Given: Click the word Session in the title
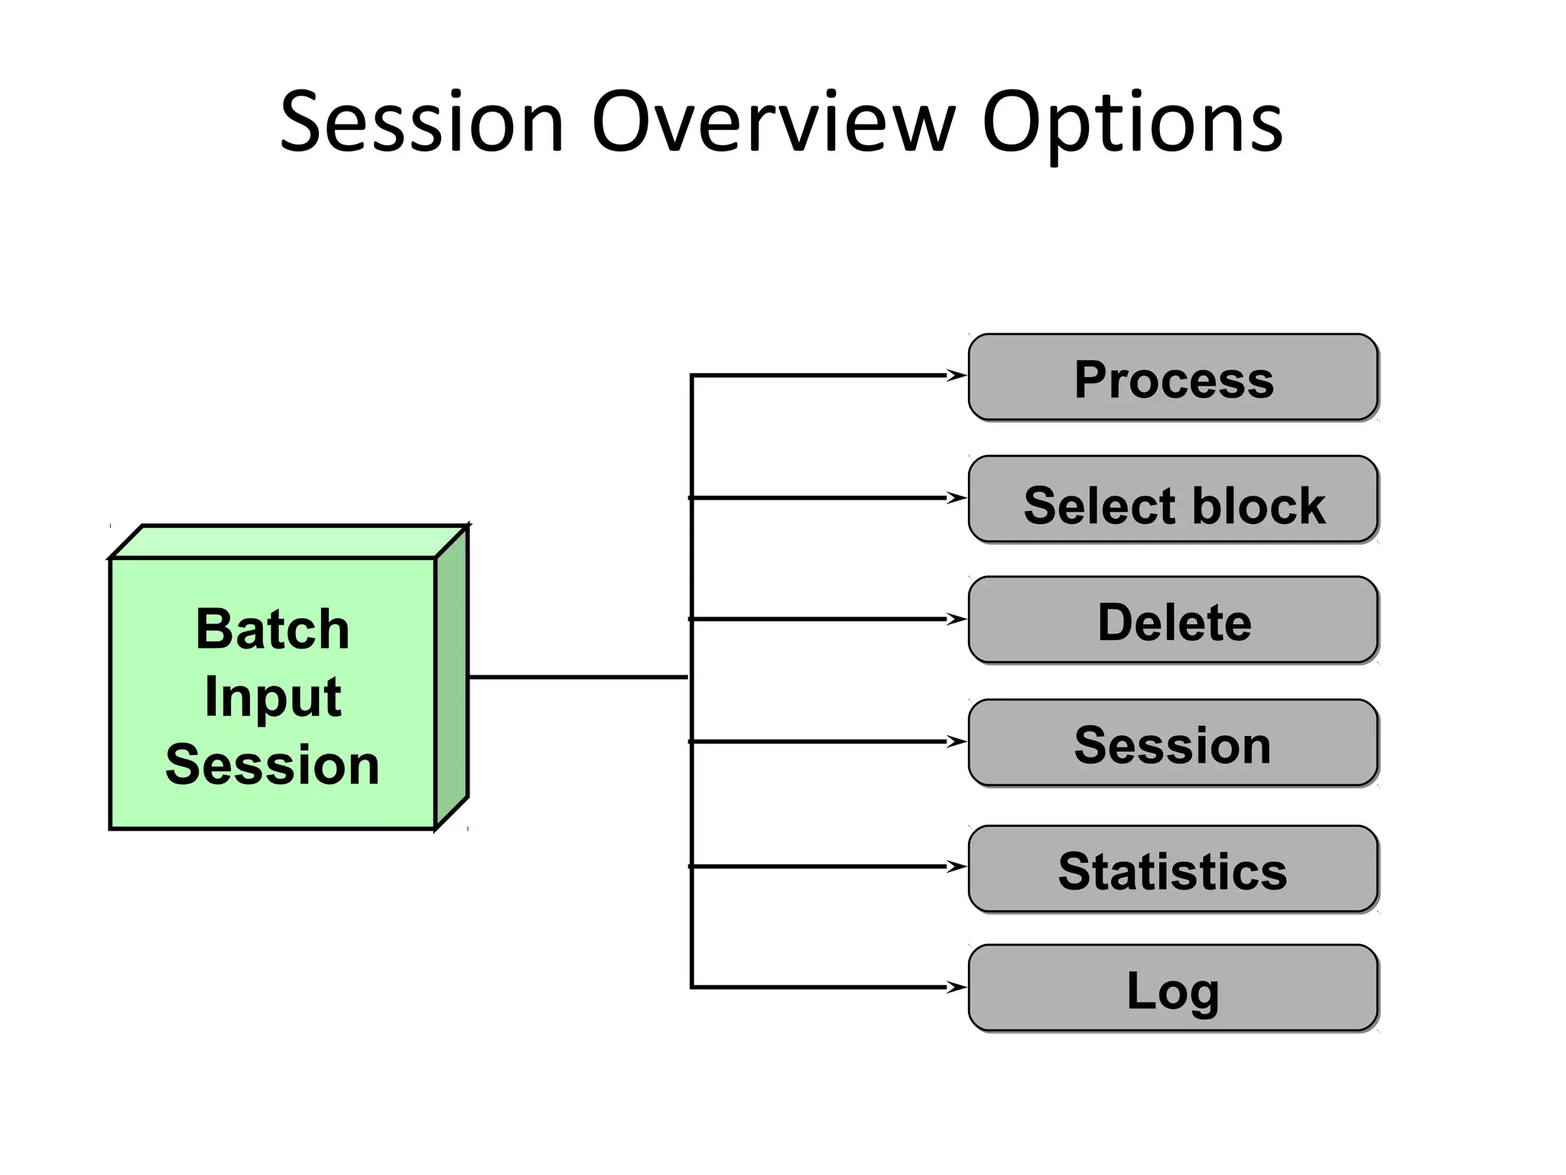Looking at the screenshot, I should [x=421, y=122].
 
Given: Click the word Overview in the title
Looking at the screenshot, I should [x=773, y=122].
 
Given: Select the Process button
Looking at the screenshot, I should [x=1173, y=378].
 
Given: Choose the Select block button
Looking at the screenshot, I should [x=1173, y=500].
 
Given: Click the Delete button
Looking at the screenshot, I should [x=1173, y=620].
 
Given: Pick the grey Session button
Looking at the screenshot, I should [x=1173, y=743].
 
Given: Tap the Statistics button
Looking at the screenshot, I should [x=1173, y=869].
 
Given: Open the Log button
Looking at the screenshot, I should [x=1173, y=988].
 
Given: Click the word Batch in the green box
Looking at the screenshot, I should [x=272, y=629].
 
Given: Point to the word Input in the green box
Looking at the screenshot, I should [x=272, y=696].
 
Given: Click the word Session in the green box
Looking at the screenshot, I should [x=272, y=763].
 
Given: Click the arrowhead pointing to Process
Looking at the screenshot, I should [x=957, y=375].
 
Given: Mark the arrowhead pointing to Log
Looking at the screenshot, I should [x=957, y=987].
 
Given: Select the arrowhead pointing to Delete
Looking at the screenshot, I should [x=957, y=619].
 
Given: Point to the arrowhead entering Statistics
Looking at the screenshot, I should [x=957, y=866].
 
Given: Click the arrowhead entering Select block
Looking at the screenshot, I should [x=957, y=498].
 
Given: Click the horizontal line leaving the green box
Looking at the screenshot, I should [x=577, y=677].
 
